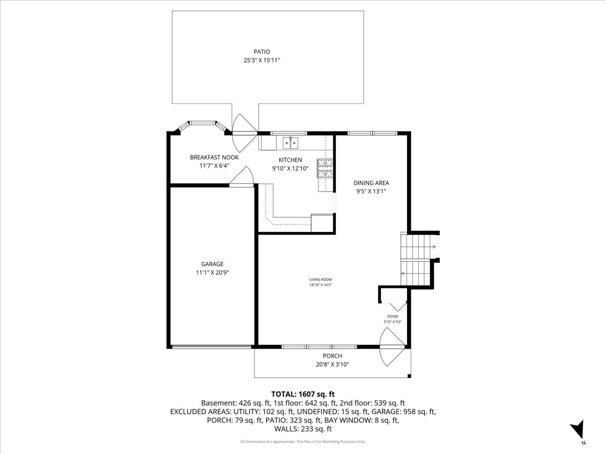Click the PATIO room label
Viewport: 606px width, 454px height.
[x=262, y=51]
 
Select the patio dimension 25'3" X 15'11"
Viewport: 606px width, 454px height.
[x=262, y=61]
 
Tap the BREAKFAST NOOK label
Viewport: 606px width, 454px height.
[x=214, y=157]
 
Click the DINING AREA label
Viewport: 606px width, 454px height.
[x=371, y=183]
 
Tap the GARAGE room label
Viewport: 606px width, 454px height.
[x=212, y=264]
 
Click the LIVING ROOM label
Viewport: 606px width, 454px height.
[x=321, y=279]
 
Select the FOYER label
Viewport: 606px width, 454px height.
[x=392, y=317]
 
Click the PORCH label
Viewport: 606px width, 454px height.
[x=332, y=356]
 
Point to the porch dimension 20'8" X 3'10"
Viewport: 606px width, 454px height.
[x=332, y=364]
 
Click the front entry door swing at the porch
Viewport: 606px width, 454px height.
[x=391, y=347]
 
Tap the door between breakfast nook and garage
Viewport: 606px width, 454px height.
[x=243, y=178]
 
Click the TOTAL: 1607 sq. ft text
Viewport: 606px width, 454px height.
[x=303, y=394]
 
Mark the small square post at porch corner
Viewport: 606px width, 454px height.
[x=409, y=376]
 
